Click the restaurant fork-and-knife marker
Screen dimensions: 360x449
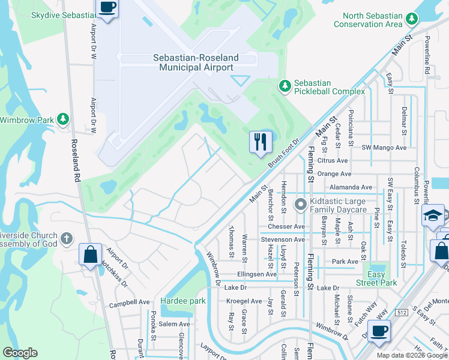point(261,142)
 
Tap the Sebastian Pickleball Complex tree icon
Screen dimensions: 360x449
point(285,86)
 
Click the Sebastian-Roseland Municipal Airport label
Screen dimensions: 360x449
point(196,62)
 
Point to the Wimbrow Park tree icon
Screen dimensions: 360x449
point(62,119)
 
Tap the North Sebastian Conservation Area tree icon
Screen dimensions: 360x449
point(412,20)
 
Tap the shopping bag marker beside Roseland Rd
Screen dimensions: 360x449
point(90,254)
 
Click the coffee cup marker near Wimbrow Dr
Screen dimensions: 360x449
point(378,331)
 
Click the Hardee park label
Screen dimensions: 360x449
point(183,301)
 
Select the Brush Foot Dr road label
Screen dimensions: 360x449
point(284,153)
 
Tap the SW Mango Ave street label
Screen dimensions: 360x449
point(384,147)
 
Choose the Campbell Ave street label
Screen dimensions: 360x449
point(128,304)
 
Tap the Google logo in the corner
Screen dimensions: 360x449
point(20,353)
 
